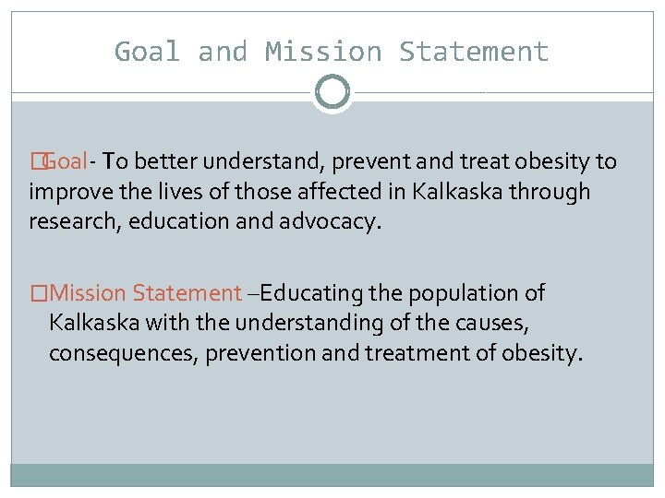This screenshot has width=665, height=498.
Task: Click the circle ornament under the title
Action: pos(332,92)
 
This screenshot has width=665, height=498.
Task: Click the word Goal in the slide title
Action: pos(147,52)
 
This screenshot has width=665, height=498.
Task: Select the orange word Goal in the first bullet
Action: pos(64,162)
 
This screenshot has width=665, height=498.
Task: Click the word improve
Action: pos(61,192)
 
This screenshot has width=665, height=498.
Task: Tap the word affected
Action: pos(292,192)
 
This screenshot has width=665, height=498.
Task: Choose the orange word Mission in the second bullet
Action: pos(89,293)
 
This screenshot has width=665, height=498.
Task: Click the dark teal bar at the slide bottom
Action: pos(332,474)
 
